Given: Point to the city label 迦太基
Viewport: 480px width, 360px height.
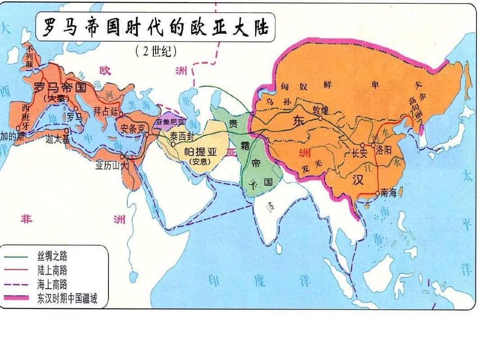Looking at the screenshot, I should click(58, 139).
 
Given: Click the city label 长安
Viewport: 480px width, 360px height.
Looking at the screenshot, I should click(360, 153).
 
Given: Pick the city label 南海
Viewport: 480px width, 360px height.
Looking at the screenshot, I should click(389, 193).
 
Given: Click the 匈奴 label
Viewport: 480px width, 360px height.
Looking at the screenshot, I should click(294, 85).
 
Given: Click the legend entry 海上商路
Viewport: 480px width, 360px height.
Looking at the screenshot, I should click(52, 284).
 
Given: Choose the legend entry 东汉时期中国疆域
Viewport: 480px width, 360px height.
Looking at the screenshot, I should click(67, 297).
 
